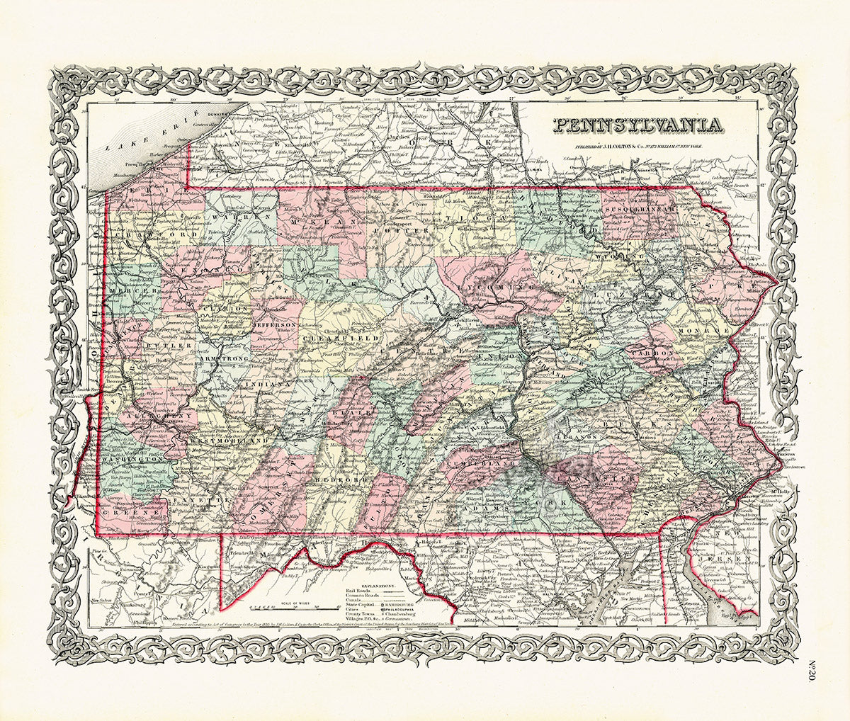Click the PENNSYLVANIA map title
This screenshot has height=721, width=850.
pyautogui.click(x=637, y=125)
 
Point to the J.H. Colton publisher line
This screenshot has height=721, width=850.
pyautogui.click(x=637, y=149)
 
